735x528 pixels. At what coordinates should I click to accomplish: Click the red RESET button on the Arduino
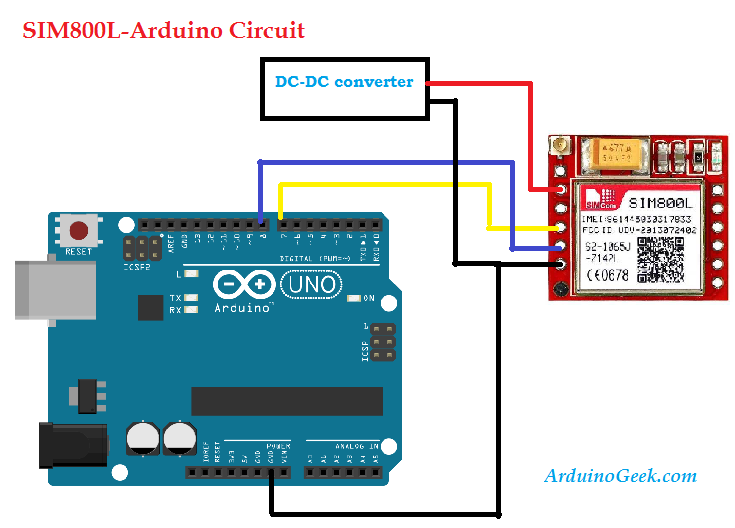point(78,229)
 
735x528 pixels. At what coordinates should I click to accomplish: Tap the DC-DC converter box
point(343,82)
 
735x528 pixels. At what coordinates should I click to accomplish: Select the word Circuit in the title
point(264,31)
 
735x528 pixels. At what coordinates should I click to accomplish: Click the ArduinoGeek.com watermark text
point(620,476)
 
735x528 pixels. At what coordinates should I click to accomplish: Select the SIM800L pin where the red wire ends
point(562,189)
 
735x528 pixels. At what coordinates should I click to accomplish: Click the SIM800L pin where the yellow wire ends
point(562,227)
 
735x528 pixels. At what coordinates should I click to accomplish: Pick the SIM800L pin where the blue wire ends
point(562,246)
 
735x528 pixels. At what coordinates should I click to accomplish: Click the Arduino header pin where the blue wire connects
point(260,222)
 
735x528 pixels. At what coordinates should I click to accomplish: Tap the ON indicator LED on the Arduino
point(354,297)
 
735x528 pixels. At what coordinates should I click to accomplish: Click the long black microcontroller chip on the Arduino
point(286,400)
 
